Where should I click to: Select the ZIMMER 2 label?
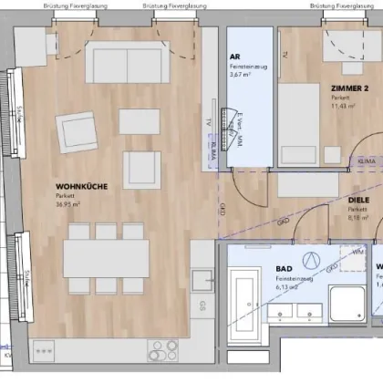tap(350, 88)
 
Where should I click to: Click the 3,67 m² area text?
tap(243, 76)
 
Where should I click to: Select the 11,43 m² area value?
tap(344, 107)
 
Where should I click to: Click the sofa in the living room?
tap(127, 64)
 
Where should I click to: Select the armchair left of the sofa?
tap(75, 130)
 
